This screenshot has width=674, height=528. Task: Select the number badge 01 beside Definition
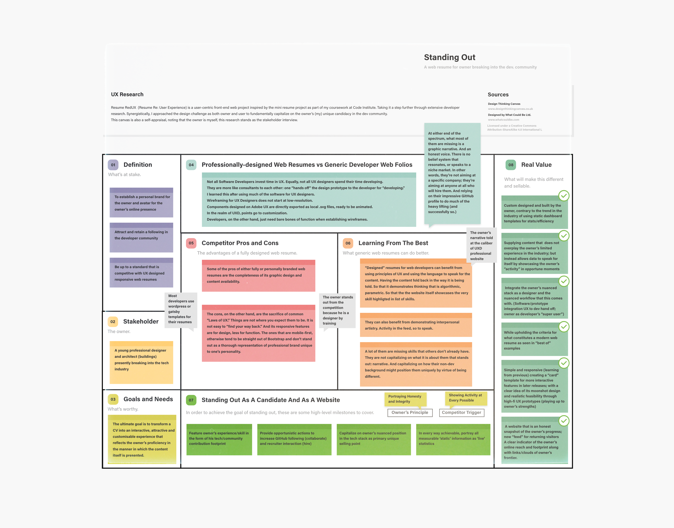pyautogui.click(x=113, y=165)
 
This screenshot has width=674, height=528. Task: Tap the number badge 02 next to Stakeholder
pyautogui.click(x=113, y=321)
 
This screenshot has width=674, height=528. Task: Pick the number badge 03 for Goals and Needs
pyautogui.click(x=113, y=399)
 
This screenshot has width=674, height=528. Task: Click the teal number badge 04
pyautogui.click(x=191, y=165)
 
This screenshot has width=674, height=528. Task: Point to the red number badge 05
pyautogui.click(x=191, y=243)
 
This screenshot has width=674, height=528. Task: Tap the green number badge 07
pyautogui.click(x=191, y=400)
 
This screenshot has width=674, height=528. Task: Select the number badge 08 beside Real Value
pyautogui.click(x=511, y=165)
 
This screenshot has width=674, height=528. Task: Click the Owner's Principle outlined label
pyautogui.click(x=410, y=412)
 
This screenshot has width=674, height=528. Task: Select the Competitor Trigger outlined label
pyautogui.click(x=461, y=412)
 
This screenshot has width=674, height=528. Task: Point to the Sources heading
pyautogui.click(x=498, y=95)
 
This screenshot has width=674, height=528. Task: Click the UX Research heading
pyautogui.click(x=127, y=94)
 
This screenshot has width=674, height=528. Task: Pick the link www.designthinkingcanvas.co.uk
pyautogui.click(x=510, y=109)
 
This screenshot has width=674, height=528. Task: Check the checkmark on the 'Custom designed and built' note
pyautogui.click(x=564, y=196)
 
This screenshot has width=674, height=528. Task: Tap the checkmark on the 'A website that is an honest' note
pyautogui.click(x=564, y=421)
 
